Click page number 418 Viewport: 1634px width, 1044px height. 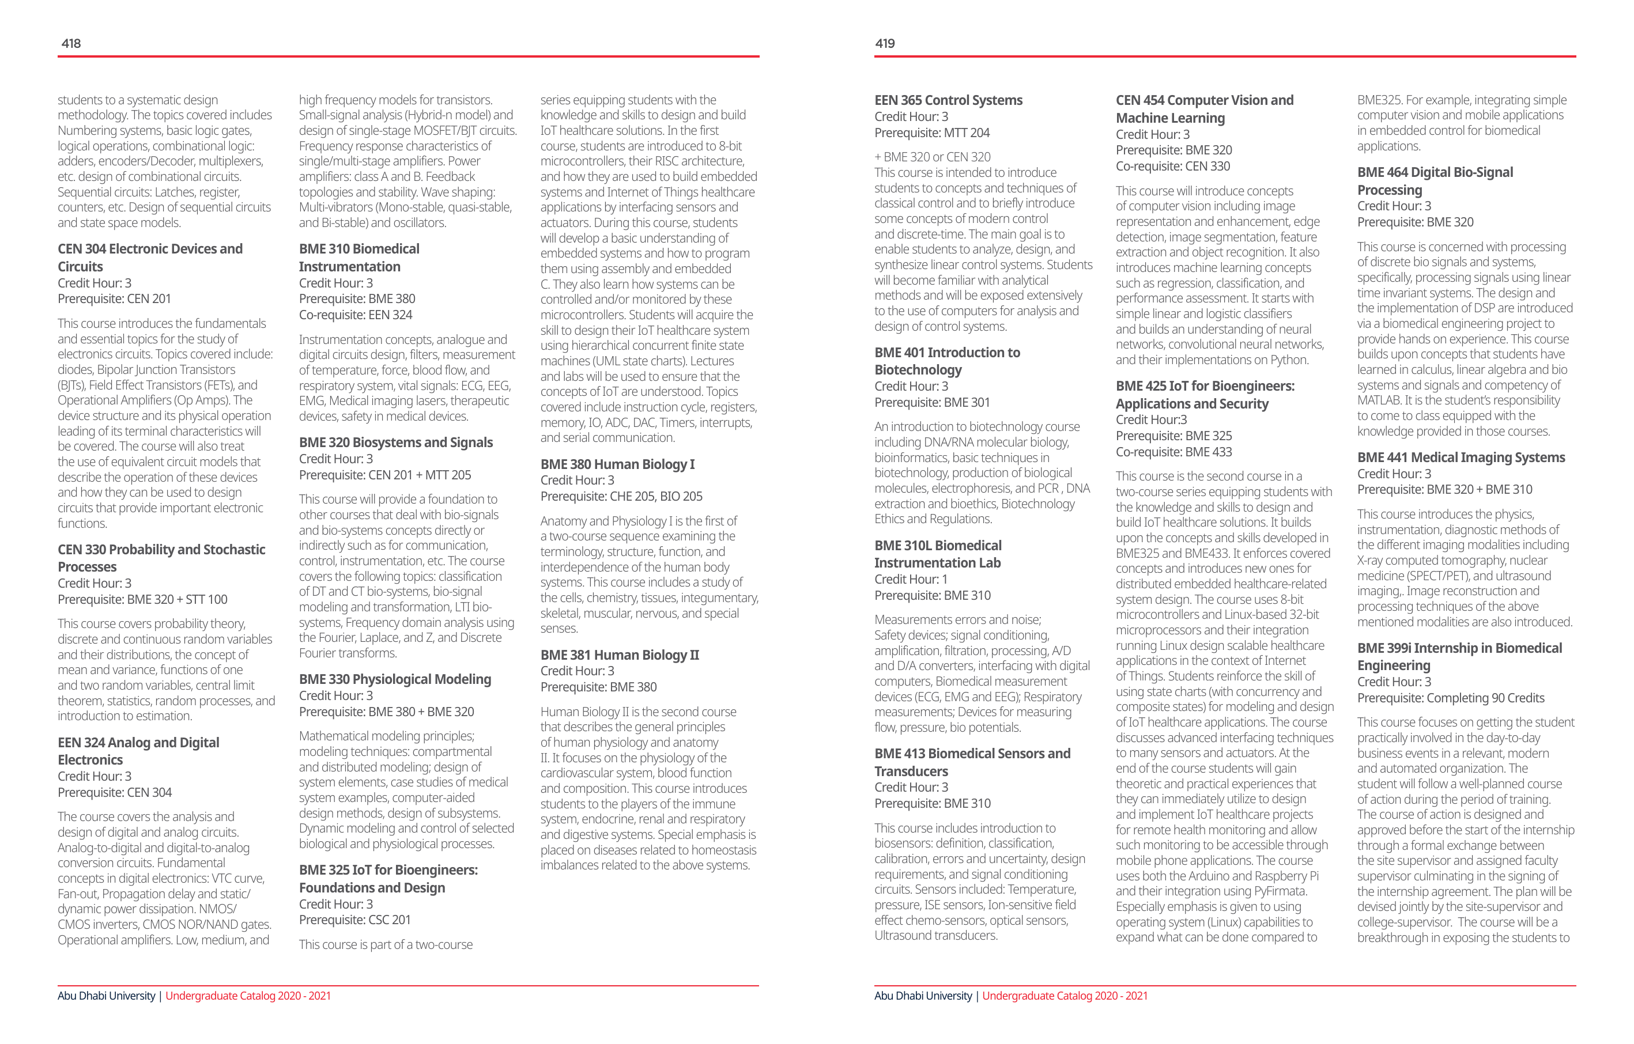(x=71, y=43)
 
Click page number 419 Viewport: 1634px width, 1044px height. (x=885, y=43)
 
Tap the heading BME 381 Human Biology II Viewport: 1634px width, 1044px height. (x=620, y=655)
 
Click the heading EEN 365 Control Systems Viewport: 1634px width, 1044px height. (x=948, y=100)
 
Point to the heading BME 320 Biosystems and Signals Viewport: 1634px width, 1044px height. (x=395, y=442)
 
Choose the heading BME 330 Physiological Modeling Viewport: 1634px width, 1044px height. (x=395, y=679)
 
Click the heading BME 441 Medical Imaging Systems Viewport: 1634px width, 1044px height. (x=1461, y=457)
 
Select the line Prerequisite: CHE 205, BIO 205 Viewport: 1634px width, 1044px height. (x=621, y=497)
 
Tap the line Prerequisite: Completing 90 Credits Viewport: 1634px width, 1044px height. (x=1450, y=698)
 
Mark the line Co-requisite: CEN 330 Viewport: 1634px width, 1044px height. (x=1172, y=166)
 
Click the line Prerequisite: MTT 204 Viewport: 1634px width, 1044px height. (x=931, y=133)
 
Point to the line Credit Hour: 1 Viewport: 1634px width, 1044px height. (x=911, y=579)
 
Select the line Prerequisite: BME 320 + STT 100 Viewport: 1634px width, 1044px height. (x=142, y=600)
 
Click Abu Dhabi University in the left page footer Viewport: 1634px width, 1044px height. (x=107, y=996)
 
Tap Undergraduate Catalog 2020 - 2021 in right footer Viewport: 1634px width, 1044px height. (x=1065, y=996)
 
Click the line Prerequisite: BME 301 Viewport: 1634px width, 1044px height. (x=931, y=402)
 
